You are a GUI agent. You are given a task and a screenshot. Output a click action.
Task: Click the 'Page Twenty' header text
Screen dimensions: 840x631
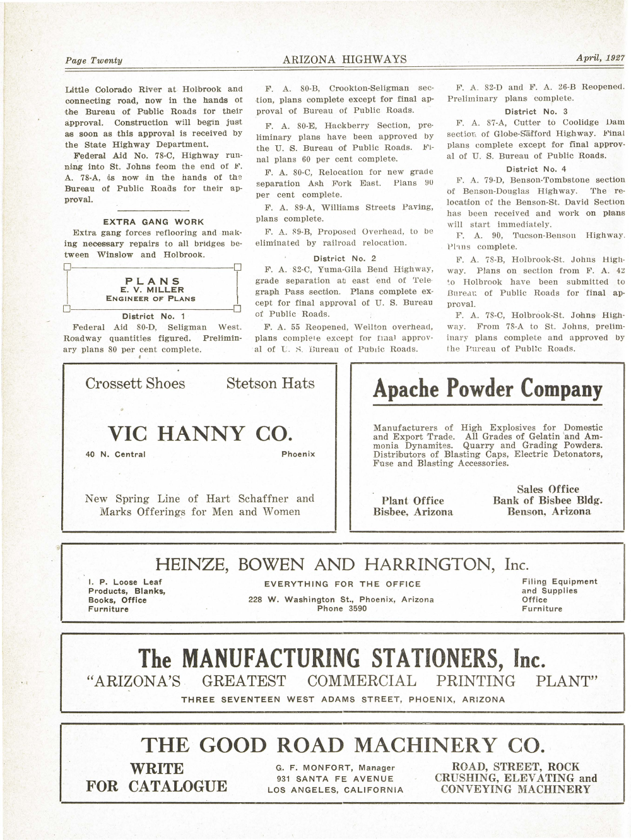tap(94, 61)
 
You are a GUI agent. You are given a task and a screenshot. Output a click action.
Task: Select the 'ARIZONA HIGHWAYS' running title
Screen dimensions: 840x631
tap(345, 60)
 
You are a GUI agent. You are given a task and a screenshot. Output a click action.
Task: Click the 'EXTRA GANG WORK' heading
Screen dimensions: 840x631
tap(153, 222)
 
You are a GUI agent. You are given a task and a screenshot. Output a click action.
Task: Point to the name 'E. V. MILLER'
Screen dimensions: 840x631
tap(153, 290)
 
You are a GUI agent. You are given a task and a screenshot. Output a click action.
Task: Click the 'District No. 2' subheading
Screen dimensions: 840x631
tap(345, 258)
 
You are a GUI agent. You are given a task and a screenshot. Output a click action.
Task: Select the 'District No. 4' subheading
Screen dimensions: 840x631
tap(536, 169)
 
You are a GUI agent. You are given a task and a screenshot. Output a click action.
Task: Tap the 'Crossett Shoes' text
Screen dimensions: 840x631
tap(136, 384)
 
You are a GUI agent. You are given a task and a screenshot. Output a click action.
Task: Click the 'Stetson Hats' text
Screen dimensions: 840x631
tap(270, 383)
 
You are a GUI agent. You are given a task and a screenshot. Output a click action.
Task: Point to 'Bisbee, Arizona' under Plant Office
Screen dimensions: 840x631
tap(413, 512)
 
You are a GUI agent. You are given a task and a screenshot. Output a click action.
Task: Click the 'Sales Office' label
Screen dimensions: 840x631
tap(548, 489)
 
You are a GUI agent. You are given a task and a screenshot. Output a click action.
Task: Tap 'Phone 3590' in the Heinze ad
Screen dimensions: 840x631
tap(341, 609)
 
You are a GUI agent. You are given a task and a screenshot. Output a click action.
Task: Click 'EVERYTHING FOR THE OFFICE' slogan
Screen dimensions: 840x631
tap(342, 584)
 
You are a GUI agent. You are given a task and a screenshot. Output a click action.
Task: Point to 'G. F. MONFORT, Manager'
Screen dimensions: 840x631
tap(335, 768)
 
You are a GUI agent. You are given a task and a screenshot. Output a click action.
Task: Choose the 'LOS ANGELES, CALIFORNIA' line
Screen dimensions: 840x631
tap(335, 790)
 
